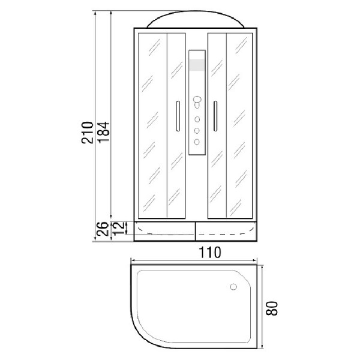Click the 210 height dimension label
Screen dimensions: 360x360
(88, 133)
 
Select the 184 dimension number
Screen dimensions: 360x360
(104, 133)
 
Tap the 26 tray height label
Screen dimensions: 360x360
(103, 229)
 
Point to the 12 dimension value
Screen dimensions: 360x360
(118, 229)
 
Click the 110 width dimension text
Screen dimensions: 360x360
(209, 253)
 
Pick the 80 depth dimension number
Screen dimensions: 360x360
(272, 308)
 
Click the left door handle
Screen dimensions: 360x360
(178, 116)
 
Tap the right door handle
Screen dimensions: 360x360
(215, 116)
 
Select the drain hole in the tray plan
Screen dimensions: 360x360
(233, 287)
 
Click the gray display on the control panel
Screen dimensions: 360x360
(197, 65)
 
